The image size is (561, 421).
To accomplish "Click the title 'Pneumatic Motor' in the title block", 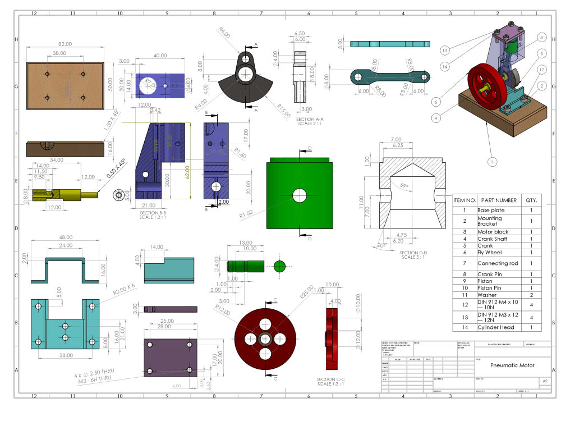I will (x=512, y=365).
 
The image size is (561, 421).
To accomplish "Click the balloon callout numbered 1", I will (x=492, y=162).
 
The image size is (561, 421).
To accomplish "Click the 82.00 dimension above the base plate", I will (x=65, y=44).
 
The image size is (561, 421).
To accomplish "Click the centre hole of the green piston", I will (x=300, y=195).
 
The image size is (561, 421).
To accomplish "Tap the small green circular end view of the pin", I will (x=279, y=266).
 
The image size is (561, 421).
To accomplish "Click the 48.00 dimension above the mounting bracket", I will (x=66, y=237).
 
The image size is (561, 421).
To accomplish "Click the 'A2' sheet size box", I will (x=544, y=381).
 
